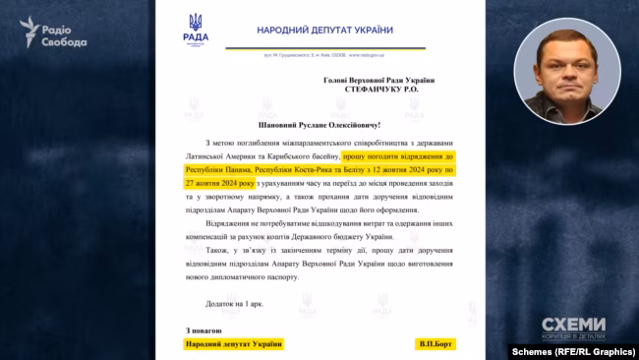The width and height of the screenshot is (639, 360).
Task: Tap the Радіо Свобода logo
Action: tap(53, 33)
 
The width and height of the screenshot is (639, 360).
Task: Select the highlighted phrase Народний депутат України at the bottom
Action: tap(233, 343)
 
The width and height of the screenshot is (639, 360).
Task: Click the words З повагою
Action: tap(203, 330)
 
